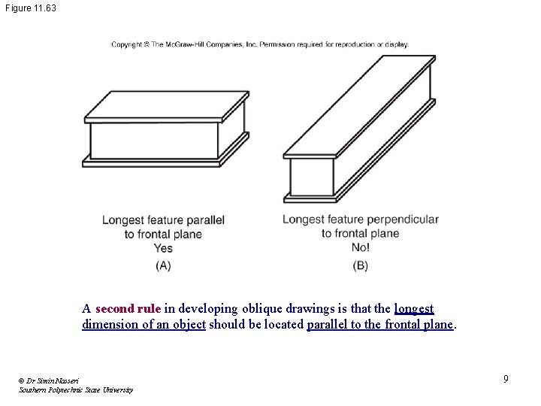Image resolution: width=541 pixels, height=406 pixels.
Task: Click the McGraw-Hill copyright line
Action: coord(260,44)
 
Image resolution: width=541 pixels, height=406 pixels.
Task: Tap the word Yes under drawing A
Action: coord(163,248)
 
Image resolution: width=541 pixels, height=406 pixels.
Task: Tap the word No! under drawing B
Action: coord(361,247)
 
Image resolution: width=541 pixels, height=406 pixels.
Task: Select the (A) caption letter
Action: coord(163,265)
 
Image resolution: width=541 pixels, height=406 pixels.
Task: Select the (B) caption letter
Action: coord(361,265)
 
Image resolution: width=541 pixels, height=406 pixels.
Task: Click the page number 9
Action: coord(506,379)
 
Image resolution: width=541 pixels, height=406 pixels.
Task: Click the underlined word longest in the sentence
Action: coord(414,309)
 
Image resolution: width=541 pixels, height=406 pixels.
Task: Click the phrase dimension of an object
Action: coord(144,325)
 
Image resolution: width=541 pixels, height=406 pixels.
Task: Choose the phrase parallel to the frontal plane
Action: coord(381,325)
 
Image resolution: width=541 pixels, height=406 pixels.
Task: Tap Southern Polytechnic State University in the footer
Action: coord(76,390)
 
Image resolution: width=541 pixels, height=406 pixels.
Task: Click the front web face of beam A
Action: coord(154,140)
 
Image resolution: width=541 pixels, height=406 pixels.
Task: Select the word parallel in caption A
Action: coord(207,220)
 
